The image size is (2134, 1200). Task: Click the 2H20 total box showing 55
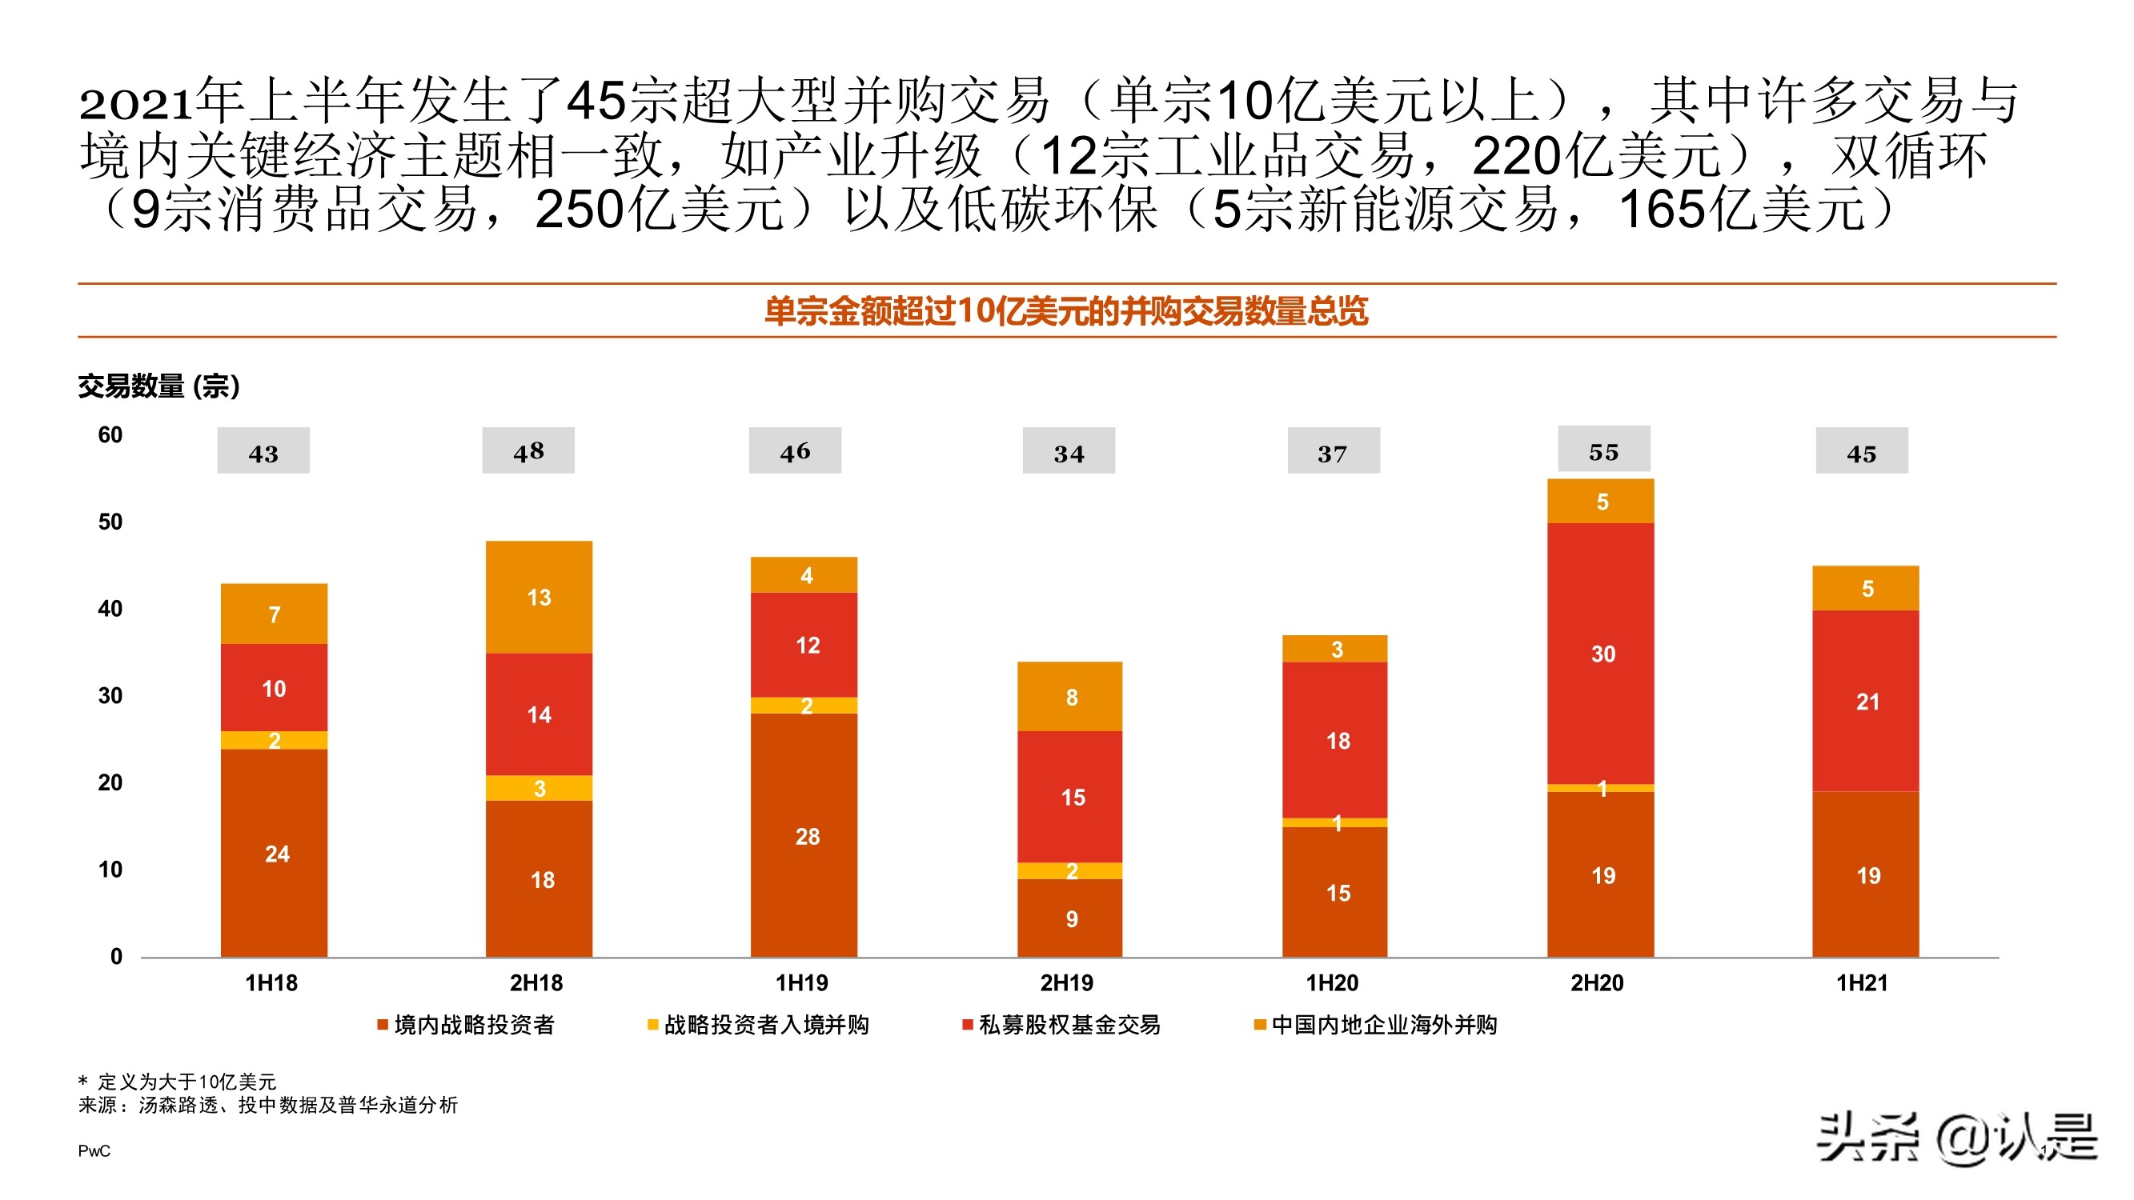pyautogui.click(x=1603, y=450)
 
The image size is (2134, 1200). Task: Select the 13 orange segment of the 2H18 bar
pyautogui.click(x=539, y=596)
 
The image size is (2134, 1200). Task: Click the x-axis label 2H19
pyautogui.click(x=1066, y=982)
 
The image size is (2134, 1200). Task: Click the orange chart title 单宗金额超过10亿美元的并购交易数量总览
pyautogui.click(x=1065, y=311)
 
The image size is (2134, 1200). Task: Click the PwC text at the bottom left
pyautogui.click(x=94, y=1150)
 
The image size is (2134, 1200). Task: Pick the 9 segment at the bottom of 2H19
pyautogui.click(x=1069, y=918)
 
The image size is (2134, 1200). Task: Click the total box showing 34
pyautogui.click(x=1068, y=451)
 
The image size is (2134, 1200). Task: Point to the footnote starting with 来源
pyautogui.click(x=267, y=1105)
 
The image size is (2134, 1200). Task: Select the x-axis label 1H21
pyautogui.click(x=1862, y=982)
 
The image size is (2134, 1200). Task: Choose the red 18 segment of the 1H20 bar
pyautogui.click(x=1334, y=739)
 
